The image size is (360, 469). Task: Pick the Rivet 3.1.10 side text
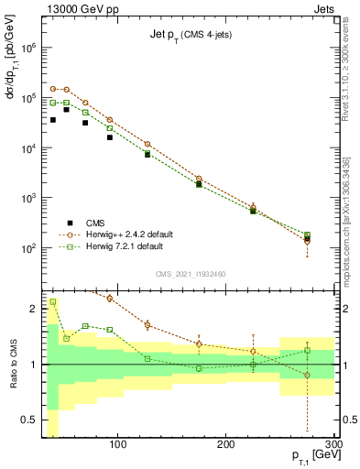pos(350,78)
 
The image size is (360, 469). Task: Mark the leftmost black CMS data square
pos(53,120)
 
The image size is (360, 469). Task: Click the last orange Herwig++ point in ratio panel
pos(307,376)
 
